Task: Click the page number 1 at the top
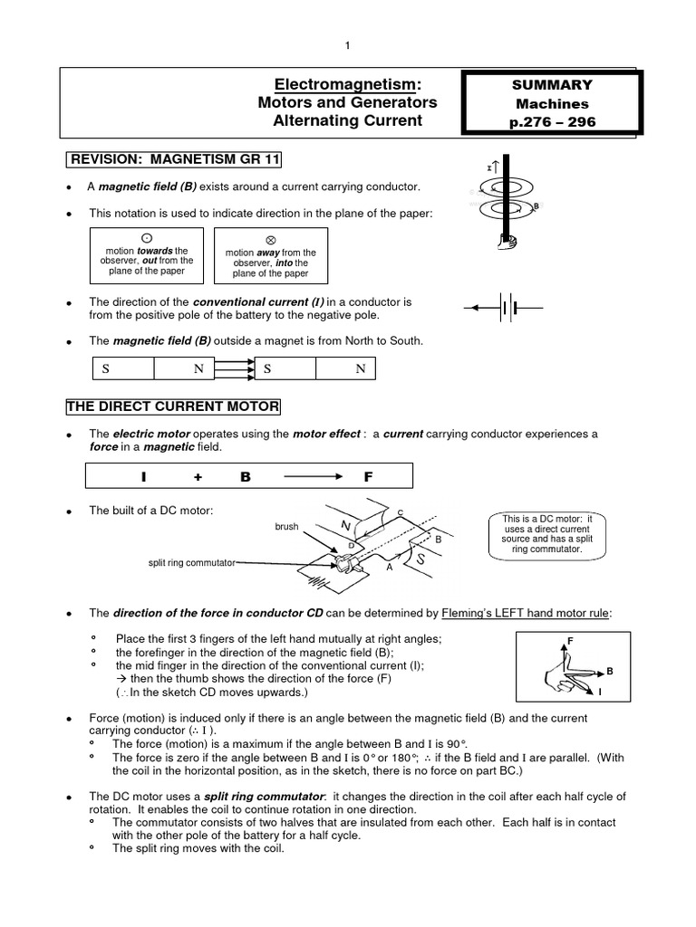tap(347, 46)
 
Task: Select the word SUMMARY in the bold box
tap(553, 85)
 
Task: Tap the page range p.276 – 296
tap(553, 122)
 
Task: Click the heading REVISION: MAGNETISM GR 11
tap(174, 160)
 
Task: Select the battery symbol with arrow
tap(503, 308)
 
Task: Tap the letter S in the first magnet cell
tap(105, 369)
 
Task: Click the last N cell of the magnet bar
tap(360, 369)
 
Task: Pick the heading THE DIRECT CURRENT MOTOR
tap(173, 406)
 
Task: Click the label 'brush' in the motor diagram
tap(287, 526)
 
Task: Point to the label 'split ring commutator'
tap(190, 562)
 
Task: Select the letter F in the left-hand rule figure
tap(570, 642)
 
